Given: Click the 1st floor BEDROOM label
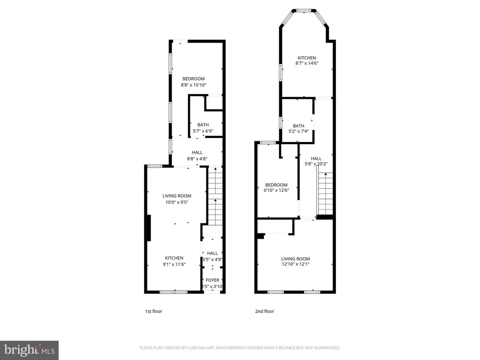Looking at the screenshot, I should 194,79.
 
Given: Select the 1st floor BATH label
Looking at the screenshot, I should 203,125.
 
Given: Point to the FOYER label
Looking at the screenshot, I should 212,280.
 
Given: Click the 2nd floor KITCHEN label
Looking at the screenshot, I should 306,58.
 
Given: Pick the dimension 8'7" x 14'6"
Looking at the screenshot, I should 306,63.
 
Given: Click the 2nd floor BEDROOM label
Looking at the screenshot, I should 277,185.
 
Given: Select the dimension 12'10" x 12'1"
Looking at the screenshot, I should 296,264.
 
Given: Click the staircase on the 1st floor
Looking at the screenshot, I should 214,196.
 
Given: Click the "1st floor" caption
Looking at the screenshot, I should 154,311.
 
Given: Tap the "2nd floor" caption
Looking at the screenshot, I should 265,311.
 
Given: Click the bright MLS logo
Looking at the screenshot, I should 29,350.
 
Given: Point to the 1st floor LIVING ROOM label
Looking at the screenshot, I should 177,196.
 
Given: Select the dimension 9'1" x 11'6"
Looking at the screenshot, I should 174,264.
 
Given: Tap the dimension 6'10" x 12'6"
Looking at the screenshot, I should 277,190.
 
